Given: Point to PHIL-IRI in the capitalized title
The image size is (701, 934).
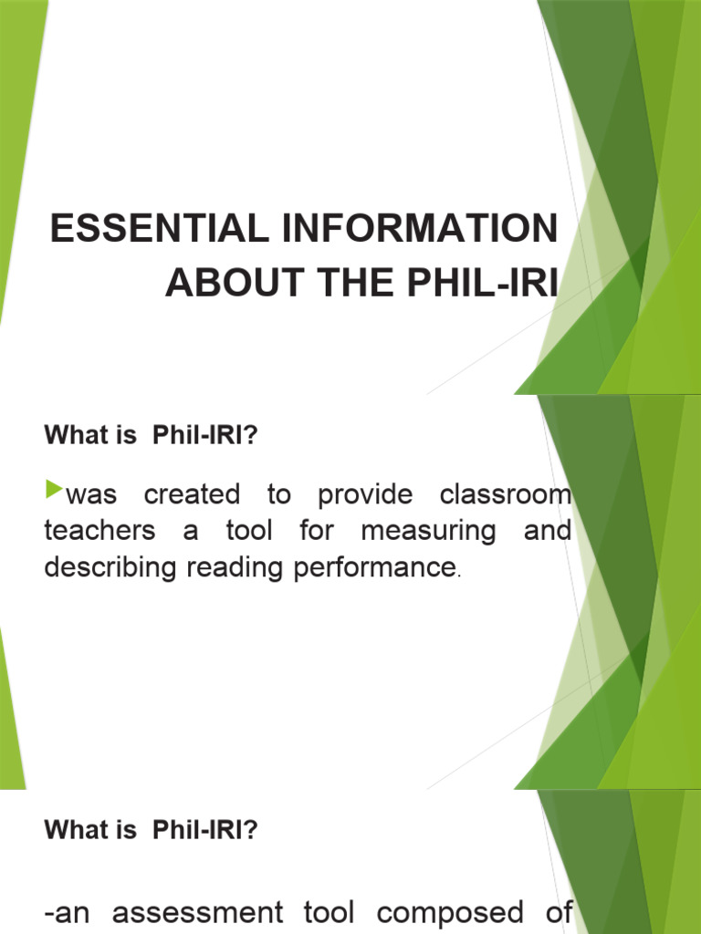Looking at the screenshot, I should (x=476, y=283).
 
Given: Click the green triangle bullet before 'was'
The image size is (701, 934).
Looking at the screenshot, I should (x=51, y=493).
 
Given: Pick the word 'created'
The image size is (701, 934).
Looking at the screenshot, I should (x=192, y=495).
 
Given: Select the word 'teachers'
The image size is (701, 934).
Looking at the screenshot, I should (x=99, y=531).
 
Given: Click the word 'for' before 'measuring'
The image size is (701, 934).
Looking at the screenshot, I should (x=316, y=530).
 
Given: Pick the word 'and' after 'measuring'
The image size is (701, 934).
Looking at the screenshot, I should (x=548, y=530).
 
